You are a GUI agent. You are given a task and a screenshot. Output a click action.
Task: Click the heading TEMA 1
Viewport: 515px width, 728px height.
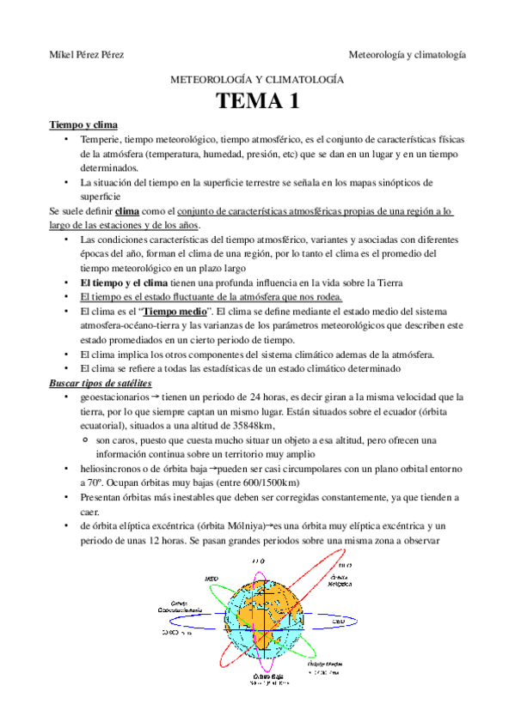(257, 102)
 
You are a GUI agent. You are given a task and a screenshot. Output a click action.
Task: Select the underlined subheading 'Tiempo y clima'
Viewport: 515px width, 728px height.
(83, 125)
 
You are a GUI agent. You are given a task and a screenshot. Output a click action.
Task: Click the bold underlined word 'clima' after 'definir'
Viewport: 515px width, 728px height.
(126, 210)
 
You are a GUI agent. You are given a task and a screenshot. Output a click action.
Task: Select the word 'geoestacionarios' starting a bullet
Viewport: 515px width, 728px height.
(113, 397)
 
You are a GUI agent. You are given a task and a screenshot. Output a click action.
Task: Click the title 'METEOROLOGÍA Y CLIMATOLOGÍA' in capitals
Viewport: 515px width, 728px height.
(258, 79)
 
